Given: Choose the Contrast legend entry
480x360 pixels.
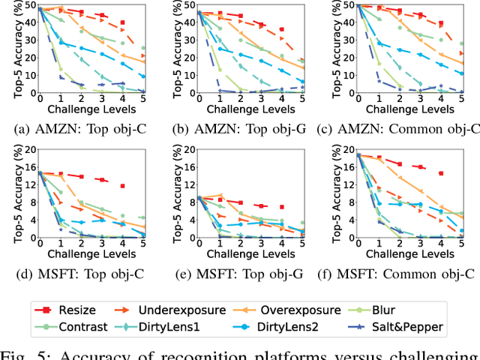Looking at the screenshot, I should tap(82, 326).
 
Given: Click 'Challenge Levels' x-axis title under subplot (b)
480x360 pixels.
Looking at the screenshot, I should tap(249, 109).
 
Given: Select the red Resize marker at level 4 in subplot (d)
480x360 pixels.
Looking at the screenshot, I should tap(122, 185).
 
